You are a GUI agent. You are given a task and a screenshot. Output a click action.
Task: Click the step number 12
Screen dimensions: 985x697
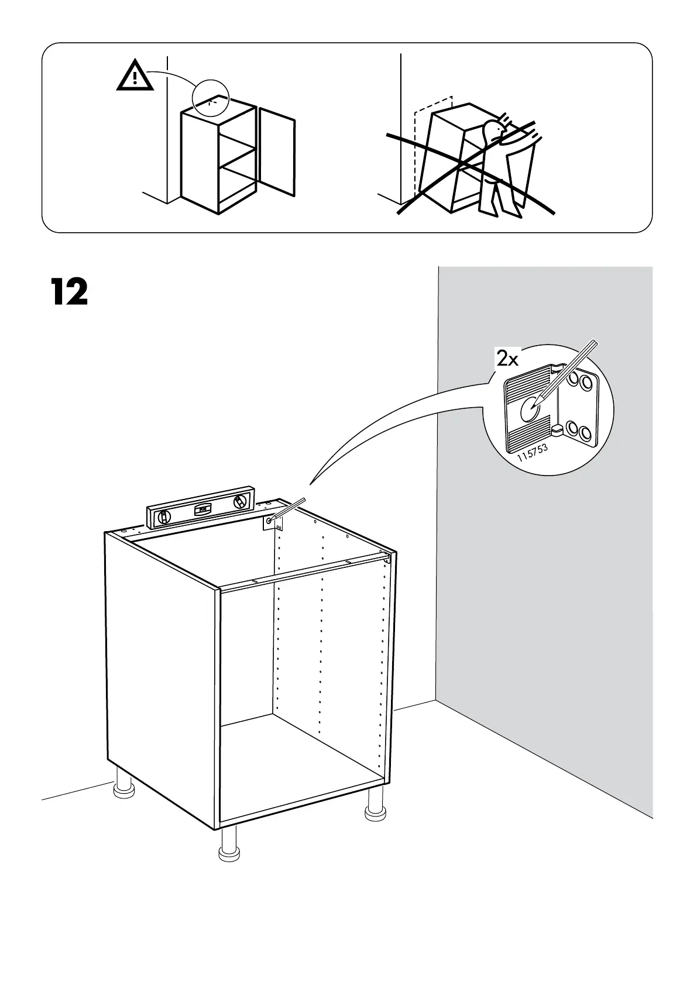tap(69, 292)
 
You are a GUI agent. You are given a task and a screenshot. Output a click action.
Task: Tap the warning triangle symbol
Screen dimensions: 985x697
tap(135, 77)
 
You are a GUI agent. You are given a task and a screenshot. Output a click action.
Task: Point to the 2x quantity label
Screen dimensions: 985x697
tap(507, 359)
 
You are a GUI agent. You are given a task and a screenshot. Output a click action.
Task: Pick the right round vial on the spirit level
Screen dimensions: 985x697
tap(239, 502)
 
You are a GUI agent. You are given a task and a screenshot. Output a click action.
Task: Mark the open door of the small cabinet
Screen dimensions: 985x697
tap(276, 151)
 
